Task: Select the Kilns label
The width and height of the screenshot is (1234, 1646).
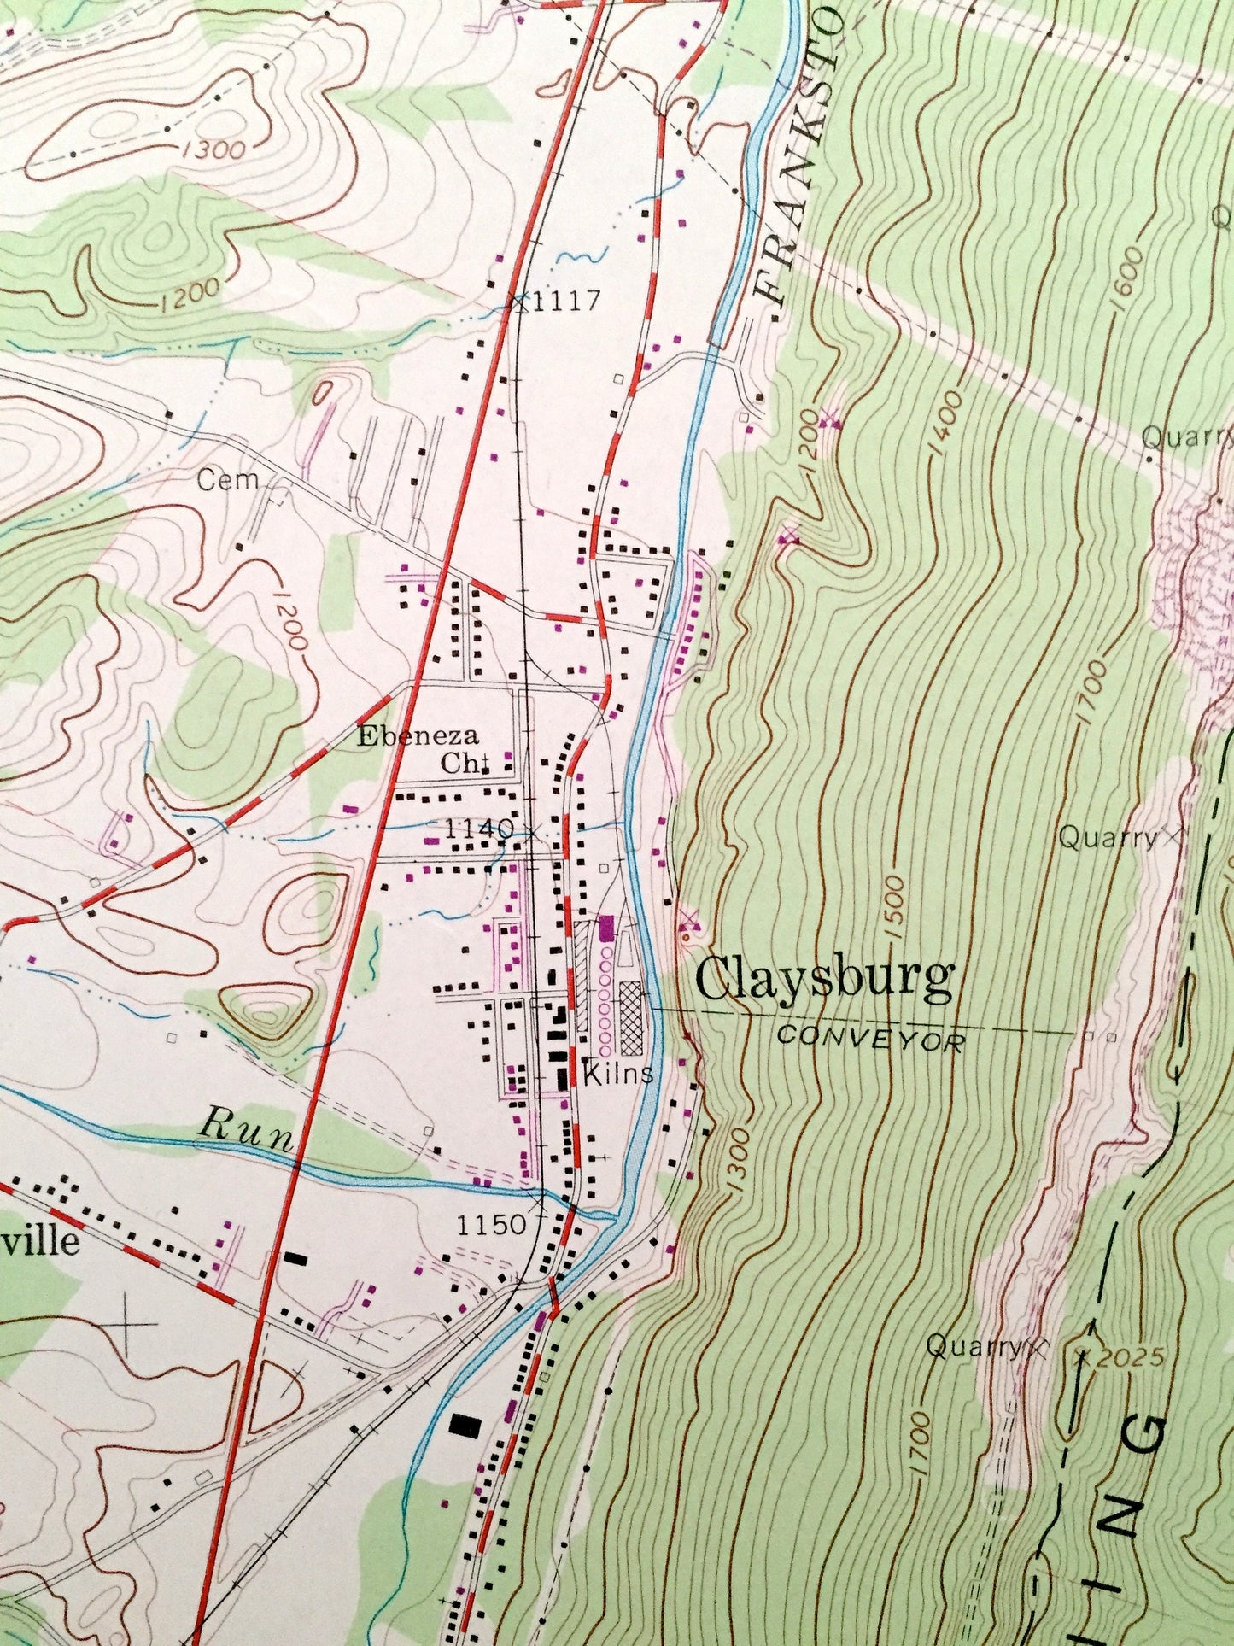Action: pyautogui.click(x=618, y=1073)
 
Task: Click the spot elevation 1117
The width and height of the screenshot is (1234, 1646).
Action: pyautogui.click(x=567, y=300)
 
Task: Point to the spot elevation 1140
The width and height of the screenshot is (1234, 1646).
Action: pyautogui.click(x=479, y=828)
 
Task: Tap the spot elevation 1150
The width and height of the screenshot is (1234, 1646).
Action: pyautogui.click(x=490, y=1225)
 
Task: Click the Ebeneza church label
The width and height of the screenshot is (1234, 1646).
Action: pyautogui.click(x=419, y=736)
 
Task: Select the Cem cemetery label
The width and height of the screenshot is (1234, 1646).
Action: pyautogui.click(x=227, y=479)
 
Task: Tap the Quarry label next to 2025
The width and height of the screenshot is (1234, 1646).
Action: pyautogui.click(x=974, y=1348)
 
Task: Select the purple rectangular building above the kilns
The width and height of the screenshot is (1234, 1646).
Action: pyautogui.click(x=607, y=928)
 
